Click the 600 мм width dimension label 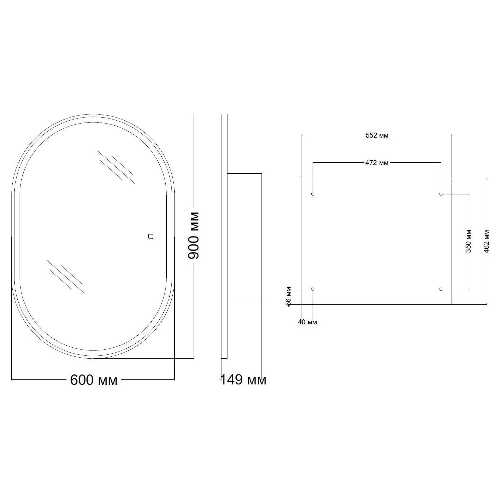pos(94,380)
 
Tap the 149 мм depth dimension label pos(243,380)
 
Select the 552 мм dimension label pos(377,135)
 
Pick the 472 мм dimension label pos(377,163)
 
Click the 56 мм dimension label pos(289,296)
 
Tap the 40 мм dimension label pos(307,322)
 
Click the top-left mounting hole pos(313,194)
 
